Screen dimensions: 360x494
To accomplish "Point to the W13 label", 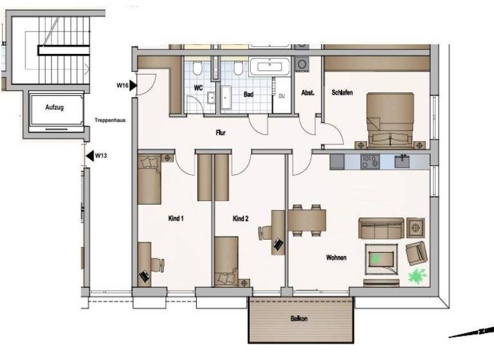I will click(101, 155).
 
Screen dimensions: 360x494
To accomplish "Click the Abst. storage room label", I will click(307, 93).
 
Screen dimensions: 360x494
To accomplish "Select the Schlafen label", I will click(342, 93).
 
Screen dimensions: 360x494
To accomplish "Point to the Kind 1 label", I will click(176, 219).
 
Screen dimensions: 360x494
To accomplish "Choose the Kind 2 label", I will click(241, 219).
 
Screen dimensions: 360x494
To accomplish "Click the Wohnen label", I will click(336, 257).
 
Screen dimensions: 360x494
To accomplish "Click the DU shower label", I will click(281, 96).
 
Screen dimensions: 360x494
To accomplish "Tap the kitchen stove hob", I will click(371, 161).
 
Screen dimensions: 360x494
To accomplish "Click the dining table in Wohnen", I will click(307, 221).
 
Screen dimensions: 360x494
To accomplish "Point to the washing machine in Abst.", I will click(302, 64).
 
